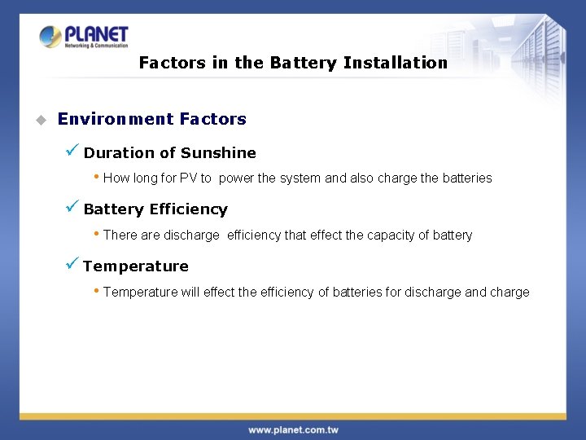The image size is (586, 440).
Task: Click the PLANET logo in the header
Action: pos(84,37)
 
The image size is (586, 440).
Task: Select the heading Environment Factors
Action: pos(151,119)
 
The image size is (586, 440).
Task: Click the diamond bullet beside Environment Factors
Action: pos(39,120)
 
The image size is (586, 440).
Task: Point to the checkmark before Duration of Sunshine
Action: pos(72,151)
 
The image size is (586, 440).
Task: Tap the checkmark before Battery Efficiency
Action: pos(72,207)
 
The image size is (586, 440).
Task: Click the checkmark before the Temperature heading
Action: pos(72,264)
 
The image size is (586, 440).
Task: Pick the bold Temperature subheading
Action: pos(135,266)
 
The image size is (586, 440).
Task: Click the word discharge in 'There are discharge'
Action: pos(191,235)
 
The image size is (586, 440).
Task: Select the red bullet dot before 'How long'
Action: pos(97,177)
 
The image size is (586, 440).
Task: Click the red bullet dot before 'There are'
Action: pos(97,234)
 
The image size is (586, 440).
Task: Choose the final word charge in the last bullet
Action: pos(509,292)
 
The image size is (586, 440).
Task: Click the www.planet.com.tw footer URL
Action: pos(293,429)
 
